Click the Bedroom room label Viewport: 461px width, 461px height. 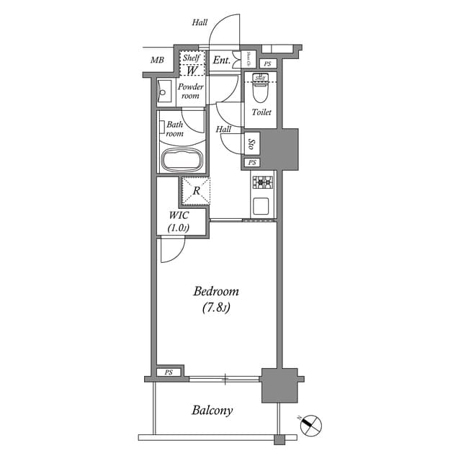215,292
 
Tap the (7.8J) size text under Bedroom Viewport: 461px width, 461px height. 215,308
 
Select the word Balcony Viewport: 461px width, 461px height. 212,411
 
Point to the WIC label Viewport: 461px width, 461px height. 179,215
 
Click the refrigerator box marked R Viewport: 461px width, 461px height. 195,190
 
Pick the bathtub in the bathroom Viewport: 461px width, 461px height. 182,160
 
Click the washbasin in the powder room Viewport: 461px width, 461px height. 163,92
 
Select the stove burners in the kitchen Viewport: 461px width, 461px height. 262,182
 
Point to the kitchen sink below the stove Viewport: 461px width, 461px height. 262,206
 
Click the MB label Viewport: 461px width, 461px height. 157,60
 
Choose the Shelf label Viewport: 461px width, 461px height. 191,58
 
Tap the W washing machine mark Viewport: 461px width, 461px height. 192,71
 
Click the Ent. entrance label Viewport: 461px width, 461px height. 221,61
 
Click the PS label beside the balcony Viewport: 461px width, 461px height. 169,372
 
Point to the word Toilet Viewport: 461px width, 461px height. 261,112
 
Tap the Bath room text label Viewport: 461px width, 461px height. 175,129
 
